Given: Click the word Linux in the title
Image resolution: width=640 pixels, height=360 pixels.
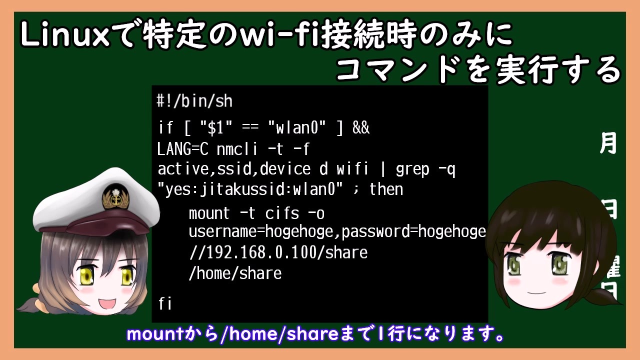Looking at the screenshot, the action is [x=65, y=35].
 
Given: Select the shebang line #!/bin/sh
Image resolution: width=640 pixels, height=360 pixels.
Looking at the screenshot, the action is [x=194, y=101].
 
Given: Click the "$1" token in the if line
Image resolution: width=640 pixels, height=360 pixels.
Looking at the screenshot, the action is [x=216, y=127].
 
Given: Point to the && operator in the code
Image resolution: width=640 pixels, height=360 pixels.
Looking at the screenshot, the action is [x=361, y=127].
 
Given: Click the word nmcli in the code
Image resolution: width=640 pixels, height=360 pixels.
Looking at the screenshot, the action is [x=237, y=149].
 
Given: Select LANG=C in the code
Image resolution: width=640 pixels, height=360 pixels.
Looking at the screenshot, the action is [x=183, y=149].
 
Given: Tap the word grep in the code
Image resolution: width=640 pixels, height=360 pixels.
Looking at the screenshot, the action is [x=412, y=169].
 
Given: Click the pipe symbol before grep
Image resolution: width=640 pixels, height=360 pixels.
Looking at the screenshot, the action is [x=383, y=169].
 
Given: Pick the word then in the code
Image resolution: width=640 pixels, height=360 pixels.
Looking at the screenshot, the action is [x=386, y=189].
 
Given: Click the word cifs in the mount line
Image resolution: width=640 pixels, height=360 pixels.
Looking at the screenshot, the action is [x=282, y=213].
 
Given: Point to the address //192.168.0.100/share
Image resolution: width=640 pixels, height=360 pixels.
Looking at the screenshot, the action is [x=278, y=252].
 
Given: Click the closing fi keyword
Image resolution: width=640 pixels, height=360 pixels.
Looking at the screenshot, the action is [x=165, y=303].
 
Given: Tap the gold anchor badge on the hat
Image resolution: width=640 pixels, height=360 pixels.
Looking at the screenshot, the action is [x=115, y=196].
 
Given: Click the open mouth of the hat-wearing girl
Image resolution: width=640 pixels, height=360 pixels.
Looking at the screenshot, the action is [x=107, y=303].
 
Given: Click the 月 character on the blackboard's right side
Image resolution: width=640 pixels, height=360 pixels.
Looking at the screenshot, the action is [x=607, y=143].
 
